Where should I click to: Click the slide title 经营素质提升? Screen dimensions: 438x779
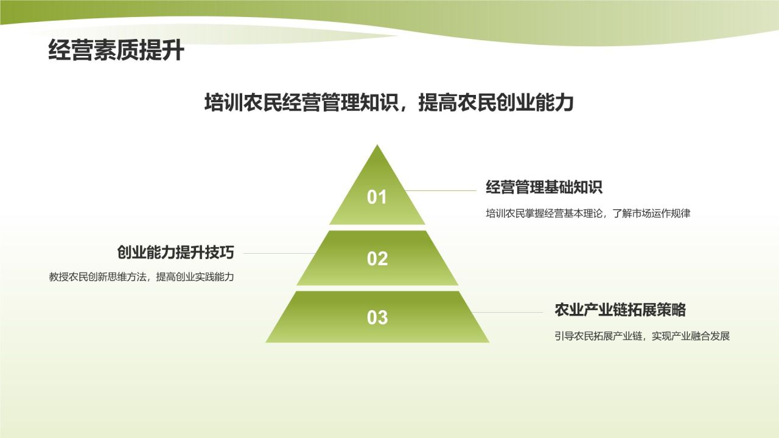click(116, 51)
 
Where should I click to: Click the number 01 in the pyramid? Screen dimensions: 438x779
click(377, 197)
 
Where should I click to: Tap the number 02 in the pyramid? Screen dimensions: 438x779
click(377, 259)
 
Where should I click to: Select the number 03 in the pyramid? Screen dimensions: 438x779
click(377, 317)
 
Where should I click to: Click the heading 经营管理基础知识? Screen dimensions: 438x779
click(543, 187)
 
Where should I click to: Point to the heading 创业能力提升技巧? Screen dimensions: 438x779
click(176, 252)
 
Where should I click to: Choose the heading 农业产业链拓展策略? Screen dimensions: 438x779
click(620, 310)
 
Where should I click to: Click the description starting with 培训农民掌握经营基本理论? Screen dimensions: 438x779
click(588, 214)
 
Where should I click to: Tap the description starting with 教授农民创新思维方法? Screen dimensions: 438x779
click(142, 277)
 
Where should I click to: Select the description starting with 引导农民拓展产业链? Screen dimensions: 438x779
click(642, 336)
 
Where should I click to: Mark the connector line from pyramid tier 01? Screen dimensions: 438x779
click(441, 190)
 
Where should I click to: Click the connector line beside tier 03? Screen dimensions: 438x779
click(508, 313)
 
